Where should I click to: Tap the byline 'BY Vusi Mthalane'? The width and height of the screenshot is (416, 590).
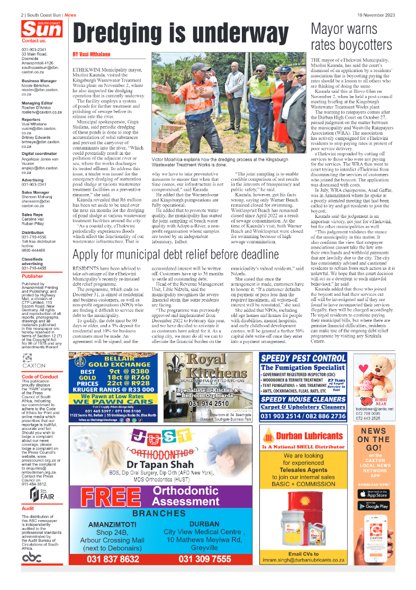pyautogui.click(x=92, y=55)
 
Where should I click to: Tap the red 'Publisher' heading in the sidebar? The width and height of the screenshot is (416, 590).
pyautogui.click(x=32, y=276)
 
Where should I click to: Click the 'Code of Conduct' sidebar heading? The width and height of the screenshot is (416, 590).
pyautogui.click(x=40, y=377)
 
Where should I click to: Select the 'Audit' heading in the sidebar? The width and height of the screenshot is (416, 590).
pyautogui.click(x=28, y=508)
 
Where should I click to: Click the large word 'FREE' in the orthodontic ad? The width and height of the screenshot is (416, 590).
pyautogui.click(x=108, y=497)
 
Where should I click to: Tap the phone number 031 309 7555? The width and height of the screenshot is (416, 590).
pyautogui.click(x=205, y=559)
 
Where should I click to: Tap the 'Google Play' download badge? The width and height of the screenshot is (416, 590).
pyautogui.click(x=374, y=506)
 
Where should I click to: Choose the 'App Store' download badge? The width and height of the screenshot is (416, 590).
pyautogui.click(x=374, y=494)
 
